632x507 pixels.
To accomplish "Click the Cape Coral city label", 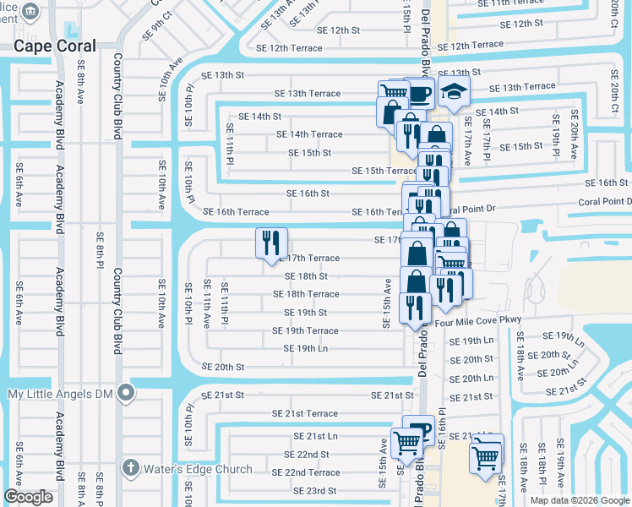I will click(54, 46).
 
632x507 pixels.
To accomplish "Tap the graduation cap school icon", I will click(455, 93).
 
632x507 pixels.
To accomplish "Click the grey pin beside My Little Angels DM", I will click(126, 393).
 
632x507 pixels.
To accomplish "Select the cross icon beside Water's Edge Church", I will click(131, 467).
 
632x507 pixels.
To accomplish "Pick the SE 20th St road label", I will click(224, 368).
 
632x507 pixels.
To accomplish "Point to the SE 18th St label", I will click(306, 276).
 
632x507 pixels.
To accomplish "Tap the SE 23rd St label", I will click(314, 491).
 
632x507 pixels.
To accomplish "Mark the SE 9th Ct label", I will click(158, 25).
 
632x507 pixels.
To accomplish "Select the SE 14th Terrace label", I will click(309, 134).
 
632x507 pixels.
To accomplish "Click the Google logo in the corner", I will click(28, 497).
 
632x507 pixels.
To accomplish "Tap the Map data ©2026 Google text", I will click(579, 500).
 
